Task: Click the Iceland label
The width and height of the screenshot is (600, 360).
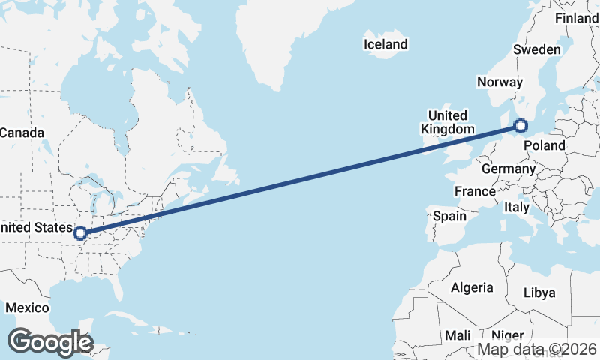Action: click(385, 44)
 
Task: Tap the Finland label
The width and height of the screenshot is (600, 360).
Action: click(577, 18)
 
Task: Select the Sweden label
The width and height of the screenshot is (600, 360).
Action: click(537, 49)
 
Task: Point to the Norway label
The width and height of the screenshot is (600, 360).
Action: click(499, 82)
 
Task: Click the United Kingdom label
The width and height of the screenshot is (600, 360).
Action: click(447, 122)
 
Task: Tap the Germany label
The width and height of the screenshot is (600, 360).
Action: click(508, 169)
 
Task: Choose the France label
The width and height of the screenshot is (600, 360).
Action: click(475, 191)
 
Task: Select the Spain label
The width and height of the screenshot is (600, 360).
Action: click(450, 217)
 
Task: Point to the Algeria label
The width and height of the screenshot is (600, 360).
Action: click(472, 287)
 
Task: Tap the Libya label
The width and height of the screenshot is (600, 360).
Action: click(539, 292)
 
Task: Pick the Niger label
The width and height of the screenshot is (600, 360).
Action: click(508, 334)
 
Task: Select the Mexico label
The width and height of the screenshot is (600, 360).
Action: click(27, 307)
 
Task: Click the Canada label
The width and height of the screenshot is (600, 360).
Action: click(22, 133)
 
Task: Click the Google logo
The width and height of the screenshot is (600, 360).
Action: click(50, 342)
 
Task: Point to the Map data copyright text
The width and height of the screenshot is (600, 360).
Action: click(538, 349)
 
